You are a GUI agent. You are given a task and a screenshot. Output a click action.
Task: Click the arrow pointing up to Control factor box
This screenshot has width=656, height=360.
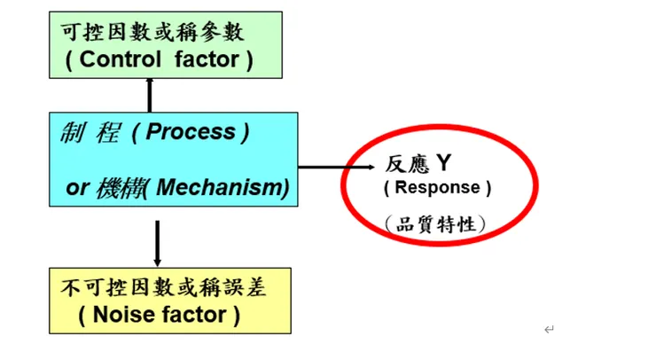150,94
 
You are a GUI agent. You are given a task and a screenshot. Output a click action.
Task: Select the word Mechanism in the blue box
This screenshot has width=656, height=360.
234,188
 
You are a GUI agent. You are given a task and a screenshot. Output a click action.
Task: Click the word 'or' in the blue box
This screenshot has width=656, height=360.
77,188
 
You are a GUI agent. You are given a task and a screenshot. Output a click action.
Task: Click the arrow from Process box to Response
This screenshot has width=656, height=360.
328,166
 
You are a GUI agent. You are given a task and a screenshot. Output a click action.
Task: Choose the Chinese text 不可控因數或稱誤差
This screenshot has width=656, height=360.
151,288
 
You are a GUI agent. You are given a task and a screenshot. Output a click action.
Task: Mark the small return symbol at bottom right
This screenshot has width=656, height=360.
549,330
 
